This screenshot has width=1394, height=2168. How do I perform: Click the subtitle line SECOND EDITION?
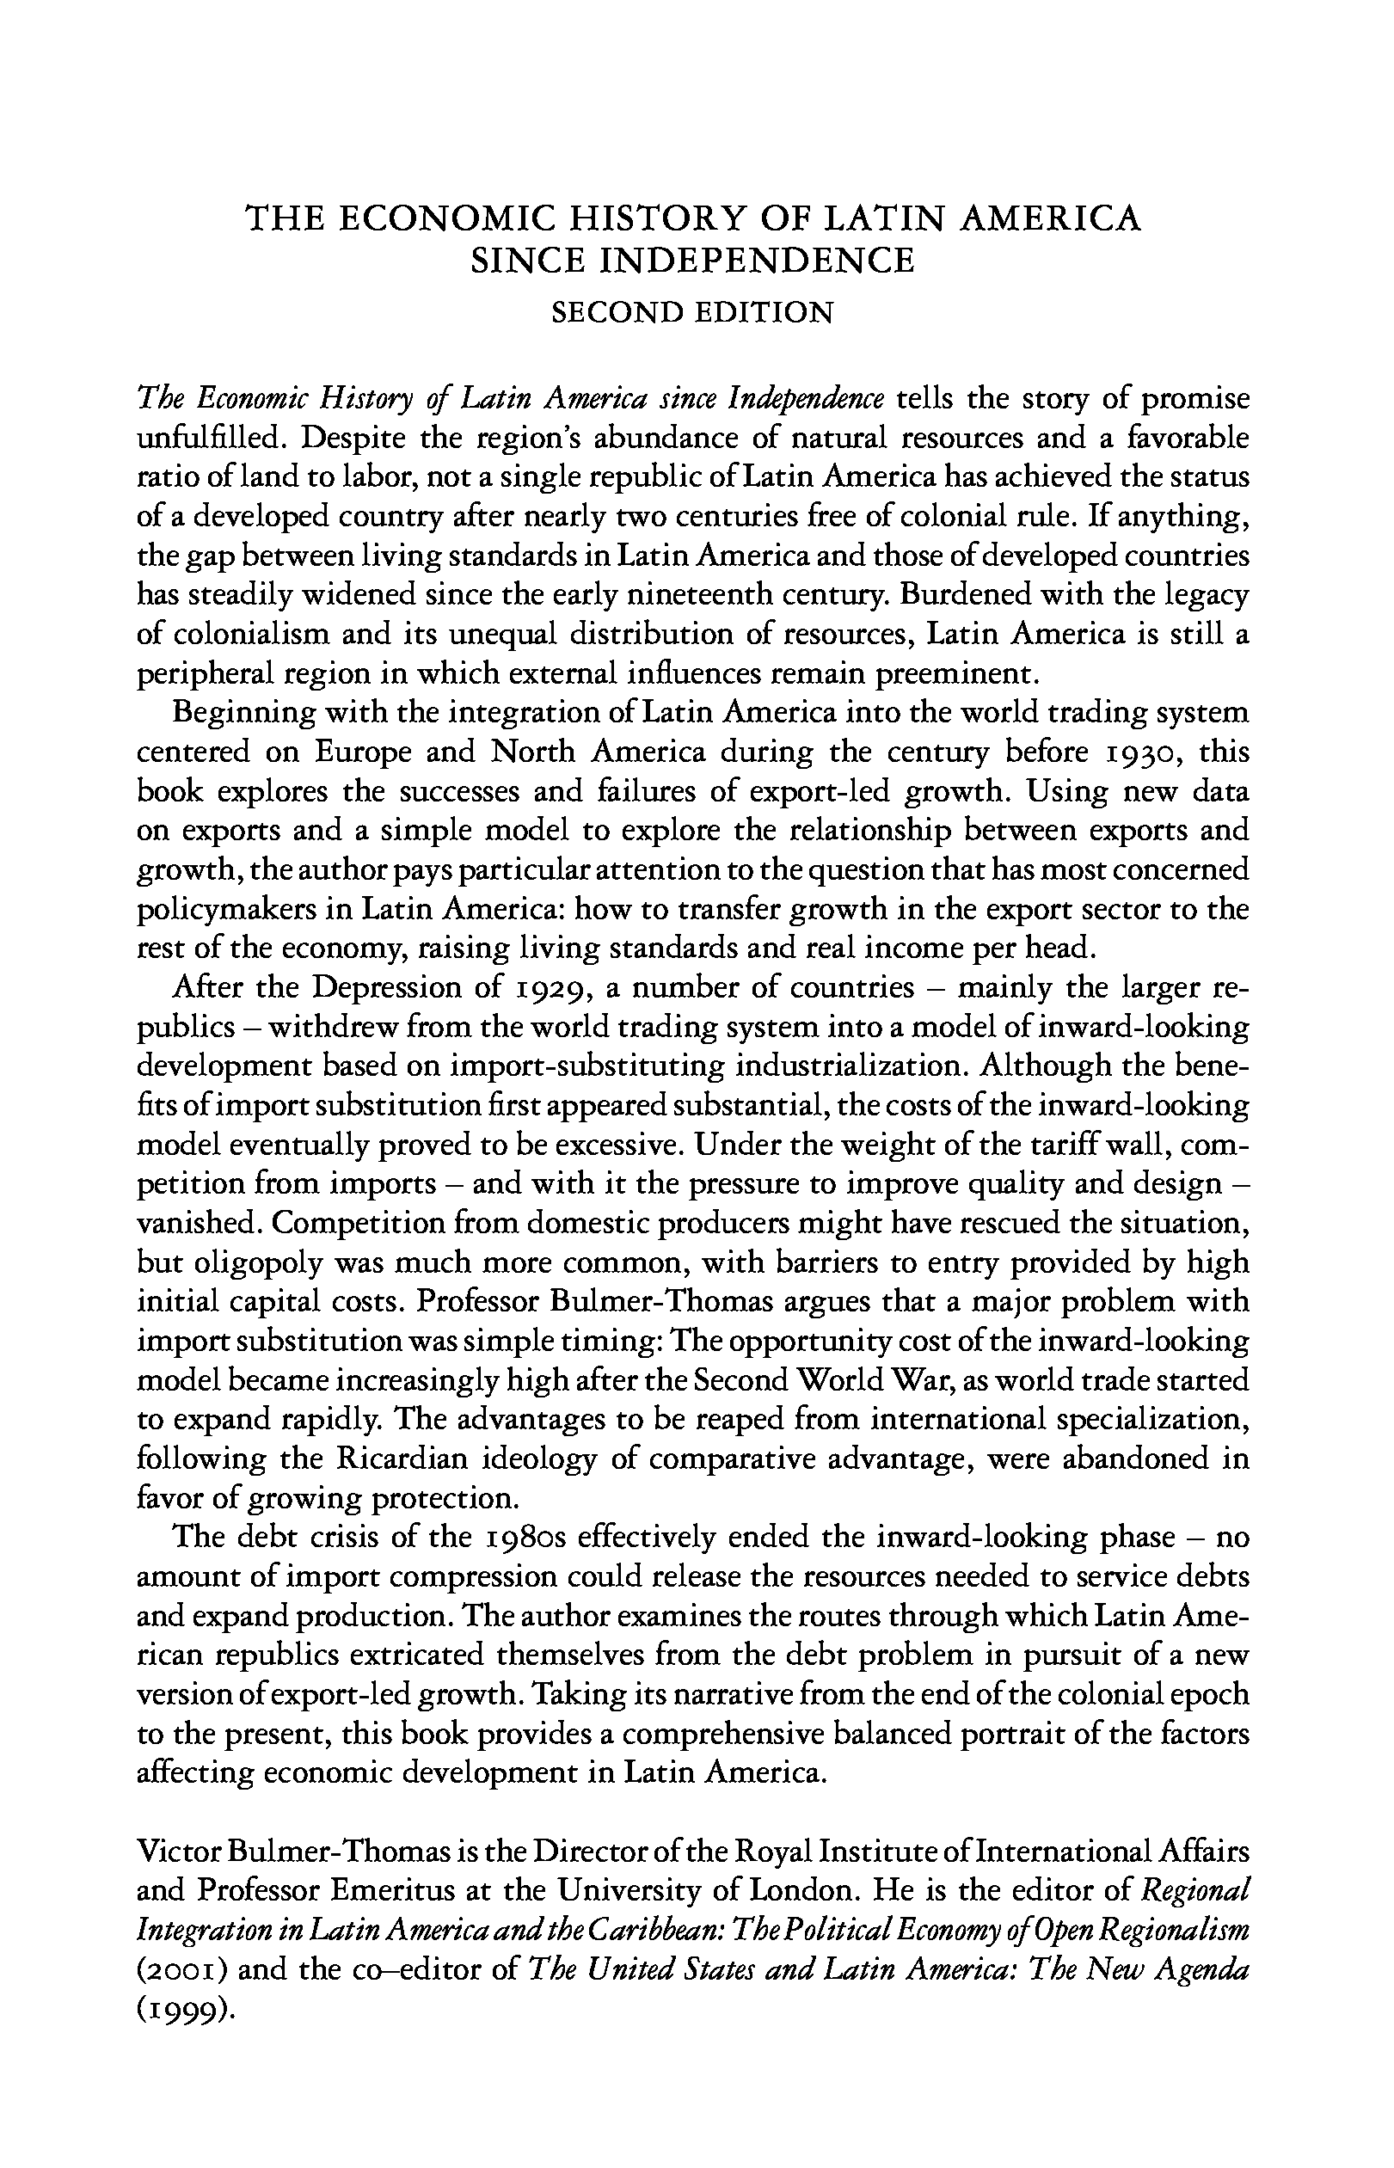click(x=692, y=313)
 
